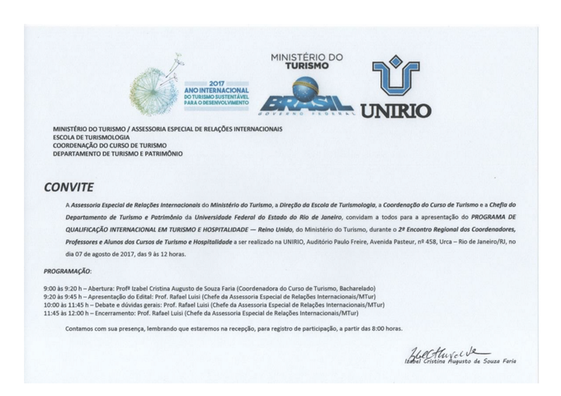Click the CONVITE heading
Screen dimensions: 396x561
(69, 187)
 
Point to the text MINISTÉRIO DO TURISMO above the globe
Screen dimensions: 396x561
(306, 61)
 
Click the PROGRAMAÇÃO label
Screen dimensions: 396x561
(68, 271)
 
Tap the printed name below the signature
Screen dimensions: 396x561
(460, 361)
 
